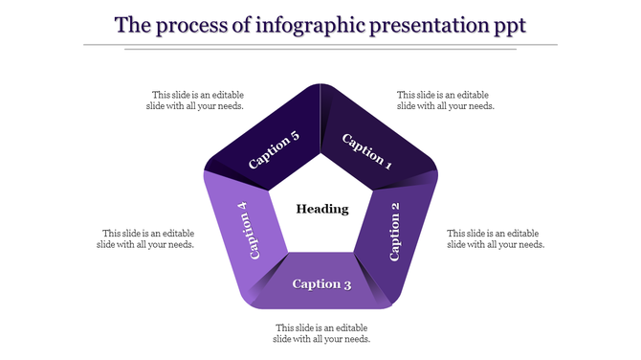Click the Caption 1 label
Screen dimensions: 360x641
[367, 151]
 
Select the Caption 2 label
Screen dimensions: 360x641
[395, 232]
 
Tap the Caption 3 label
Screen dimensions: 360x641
[321, 283]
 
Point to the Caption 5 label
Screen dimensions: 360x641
[274, 150]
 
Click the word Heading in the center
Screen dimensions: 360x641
[321, 209]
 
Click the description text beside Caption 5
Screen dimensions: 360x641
[197, 101]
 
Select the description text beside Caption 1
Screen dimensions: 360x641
[446, 101]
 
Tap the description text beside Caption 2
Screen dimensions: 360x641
[496, 238]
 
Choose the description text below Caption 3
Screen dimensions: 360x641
[321, 333]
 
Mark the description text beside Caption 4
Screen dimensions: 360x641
[146, 238]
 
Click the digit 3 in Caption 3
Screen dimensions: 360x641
[347, 283]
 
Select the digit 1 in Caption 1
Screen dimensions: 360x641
[388, 164]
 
